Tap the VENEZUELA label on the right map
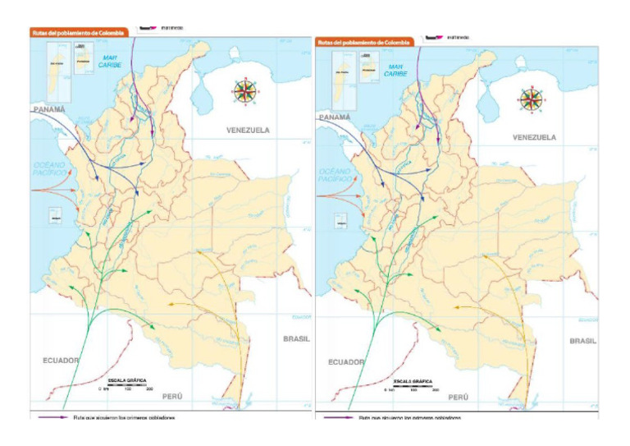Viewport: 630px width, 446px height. coord(534,137)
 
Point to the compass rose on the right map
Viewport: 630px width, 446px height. coord(531,99)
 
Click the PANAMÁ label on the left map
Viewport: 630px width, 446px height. coord(49,108)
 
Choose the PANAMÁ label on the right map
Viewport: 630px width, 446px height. coord(335,117)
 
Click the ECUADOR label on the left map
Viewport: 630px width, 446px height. coord(61,360)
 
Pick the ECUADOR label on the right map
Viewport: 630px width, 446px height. coord(346,361)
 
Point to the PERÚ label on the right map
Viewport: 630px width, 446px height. coord(459,397)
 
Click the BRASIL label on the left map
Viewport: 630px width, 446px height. coord(296,338)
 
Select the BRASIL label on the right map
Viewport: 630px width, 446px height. coord(582,340)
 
